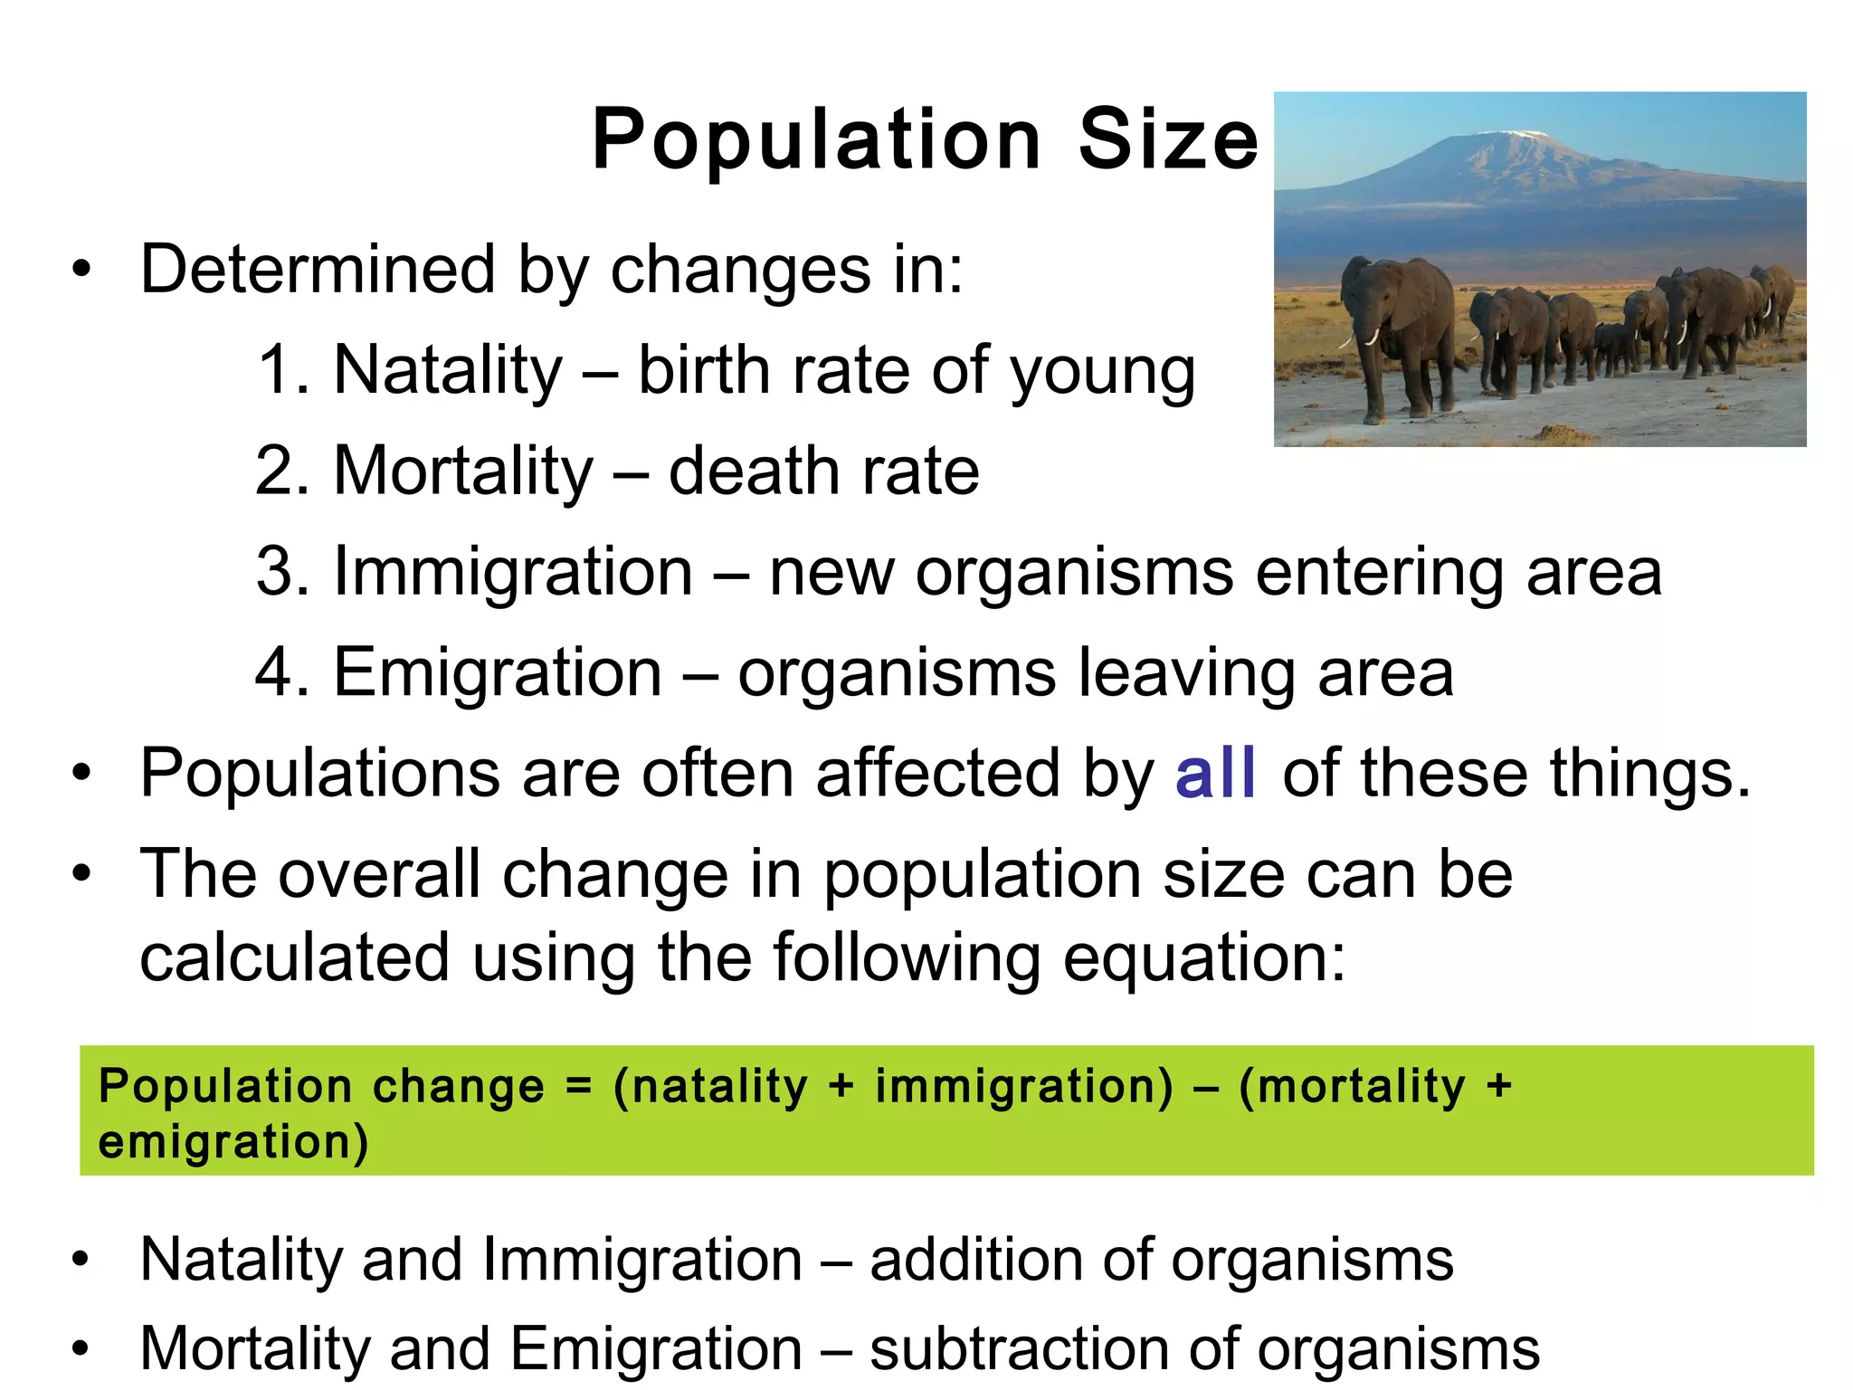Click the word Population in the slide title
815,140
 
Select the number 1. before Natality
283,370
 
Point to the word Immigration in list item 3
513,572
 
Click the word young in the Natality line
1103,374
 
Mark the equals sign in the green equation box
578,1085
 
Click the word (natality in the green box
710,1086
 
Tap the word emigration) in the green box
233,1141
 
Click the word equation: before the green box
1203,957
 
